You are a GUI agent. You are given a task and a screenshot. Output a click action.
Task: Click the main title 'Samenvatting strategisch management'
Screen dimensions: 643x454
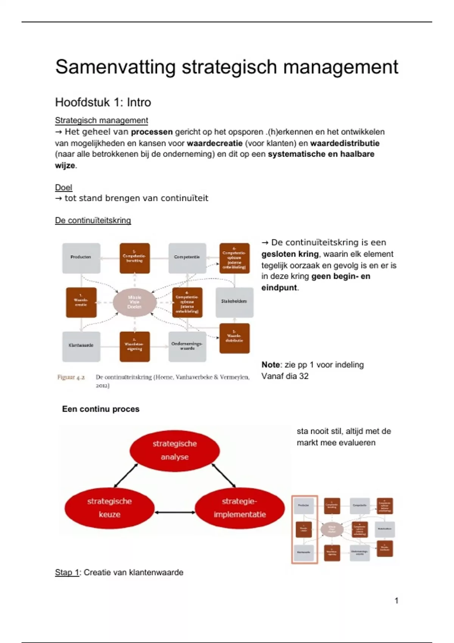point(227,67)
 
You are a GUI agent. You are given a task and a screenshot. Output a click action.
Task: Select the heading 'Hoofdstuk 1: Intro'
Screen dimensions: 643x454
point(103,102)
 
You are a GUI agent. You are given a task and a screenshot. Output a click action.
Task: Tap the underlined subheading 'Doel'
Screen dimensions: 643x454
point(63,187)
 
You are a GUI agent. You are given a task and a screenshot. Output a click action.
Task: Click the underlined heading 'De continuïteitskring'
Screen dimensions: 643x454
point(93,220)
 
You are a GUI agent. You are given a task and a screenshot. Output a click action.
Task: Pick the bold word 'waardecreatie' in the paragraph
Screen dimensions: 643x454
point(215,143)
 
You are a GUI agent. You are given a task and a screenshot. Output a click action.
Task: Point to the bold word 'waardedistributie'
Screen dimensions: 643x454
point(345,143)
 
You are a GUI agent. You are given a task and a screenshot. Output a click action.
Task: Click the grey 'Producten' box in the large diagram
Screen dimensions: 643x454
point(81,258)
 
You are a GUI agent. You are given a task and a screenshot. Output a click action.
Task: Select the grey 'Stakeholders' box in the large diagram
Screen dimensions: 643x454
point(234,302)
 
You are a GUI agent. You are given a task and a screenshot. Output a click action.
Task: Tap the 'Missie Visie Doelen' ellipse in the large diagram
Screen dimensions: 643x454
point(135,302)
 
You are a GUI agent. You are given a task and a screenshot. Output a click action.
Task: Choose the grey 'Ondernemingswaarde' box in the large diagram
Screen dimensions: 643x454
point(187,346)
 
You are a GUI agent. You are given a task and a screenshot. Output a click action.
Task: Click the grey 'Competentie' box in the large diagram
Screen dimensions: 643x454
point(187,258)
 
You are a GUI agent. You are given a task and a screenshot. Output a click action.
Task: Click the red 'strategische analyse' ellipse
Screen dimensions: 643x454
point(174,450)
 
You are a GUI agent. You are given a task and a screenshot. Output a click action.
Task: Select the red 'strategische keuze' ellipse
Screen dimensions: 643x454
point(109,508)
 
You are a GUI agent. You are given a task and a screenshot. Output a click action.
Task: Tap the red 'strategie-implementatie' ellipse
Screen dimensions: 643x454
point(239,508)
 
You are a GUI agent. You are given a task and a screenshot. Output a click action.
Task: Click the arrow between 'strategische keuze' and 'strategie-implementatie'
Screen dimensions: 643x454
point(175,513)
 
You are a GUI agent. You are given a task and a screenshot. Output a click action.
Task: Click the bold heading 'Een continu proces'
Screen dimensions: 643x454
point(101,409)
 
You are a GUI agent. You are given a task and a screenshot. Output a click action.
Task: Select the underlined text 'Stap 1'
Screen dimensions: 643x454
point(67,572)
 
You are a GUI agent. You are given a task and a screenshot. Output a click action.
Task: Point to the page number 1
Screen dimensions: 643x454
point(396,601)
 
